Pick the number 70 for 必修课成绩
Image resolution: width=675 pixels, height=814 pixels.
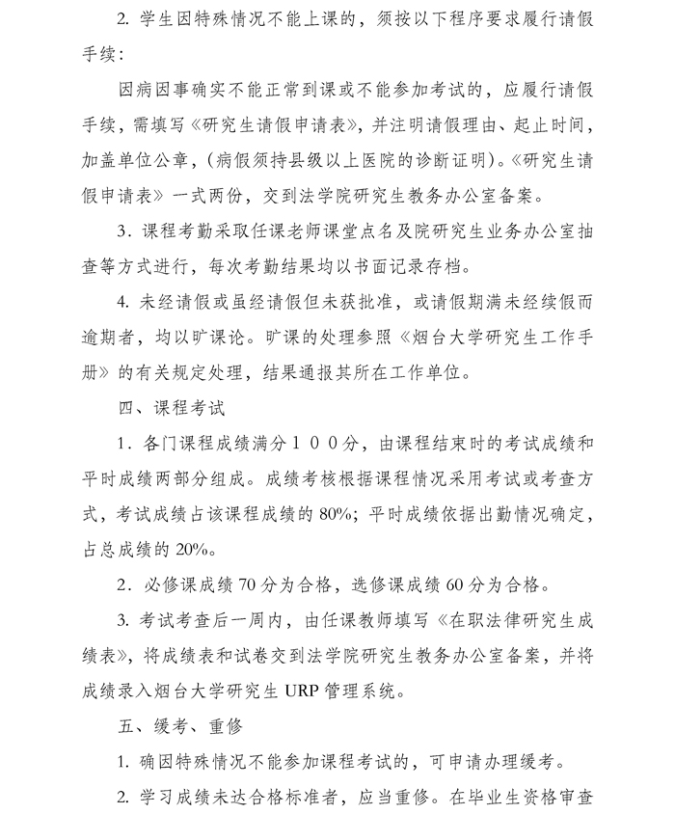248,583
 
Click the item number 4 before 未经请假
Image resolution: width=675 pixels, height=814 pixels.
122,302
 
